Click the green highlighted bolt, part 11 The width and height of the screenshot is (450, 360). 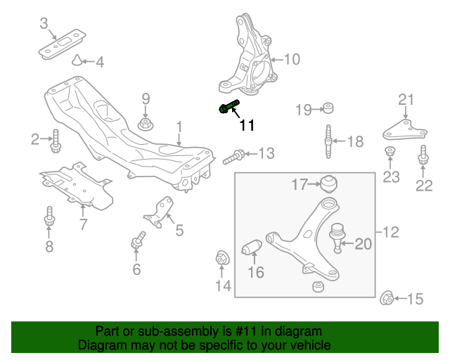click(229, 107)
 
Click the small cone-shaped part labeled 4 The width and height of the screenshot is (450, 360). click(78, 61)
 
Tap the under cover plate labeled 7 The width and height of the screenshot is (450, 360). click(77, 185)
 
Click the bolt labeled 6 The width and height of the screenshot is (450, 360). click(138, 240)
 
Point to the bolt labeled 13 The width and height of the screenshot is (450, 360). click(235, 155)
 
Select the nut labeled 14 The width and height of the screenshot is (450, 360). click(221, 258)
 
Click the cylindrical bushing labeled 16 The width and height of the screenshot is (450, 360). click(252, 248)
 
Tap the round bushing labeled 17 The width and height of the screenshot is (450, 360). click(328, 184)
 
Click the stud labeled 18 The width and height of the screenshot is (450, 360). click(328, 141)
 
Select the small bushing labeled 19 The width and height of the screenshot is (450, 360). click(327, 108)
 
